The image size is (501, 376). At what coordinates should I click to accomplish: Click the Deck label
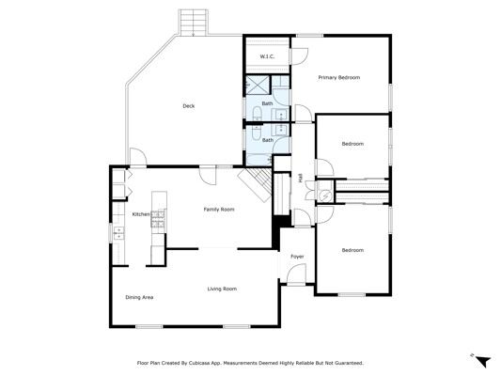[189, 106]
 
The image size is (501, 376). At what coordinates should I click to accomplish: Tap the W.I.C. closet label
[267, 56]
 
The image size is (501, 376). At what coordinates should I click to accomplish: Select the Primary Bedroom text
[339, 77]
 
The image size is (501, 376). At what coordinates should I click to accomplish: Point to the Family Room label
[219, 210]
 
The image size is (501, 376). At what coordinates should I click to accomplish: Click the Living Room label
[222, 289]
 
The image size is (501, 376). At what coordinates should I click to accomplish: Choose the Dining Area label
[139, 297]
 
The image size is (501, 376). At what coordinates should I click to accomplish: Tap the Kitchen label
[141, 214]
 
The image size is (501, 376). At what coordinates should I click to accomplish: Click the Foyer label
[297, 257]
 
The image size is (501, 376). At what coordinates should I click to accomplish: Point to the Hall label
[301, 178]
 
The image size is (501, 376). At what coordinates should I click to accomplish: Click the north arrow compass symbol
[482, 361]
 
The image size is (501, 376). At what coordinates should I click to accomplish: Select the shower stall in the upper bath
[257, 85]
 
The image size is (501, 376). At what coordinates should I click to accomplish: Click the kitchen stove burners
[159, 219]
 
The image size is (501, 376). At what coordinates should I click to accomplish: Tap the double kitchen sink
[118, 233]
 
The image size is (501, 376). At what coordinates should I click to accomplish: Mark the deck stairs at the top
[194, 22]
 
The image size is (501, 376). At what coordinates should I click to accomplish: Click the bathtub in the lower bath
[258, 160]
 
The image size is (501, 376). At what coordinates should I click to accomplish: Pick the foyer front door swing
[296, 273]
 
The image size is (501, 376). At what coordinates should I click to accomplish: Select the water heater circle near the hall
[325, 196]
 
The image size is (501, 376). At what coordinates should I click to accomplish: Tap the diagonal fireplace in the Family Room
[256, 184]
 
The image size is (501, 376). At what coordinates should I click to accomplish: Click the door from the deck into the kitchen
[138, 157]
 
